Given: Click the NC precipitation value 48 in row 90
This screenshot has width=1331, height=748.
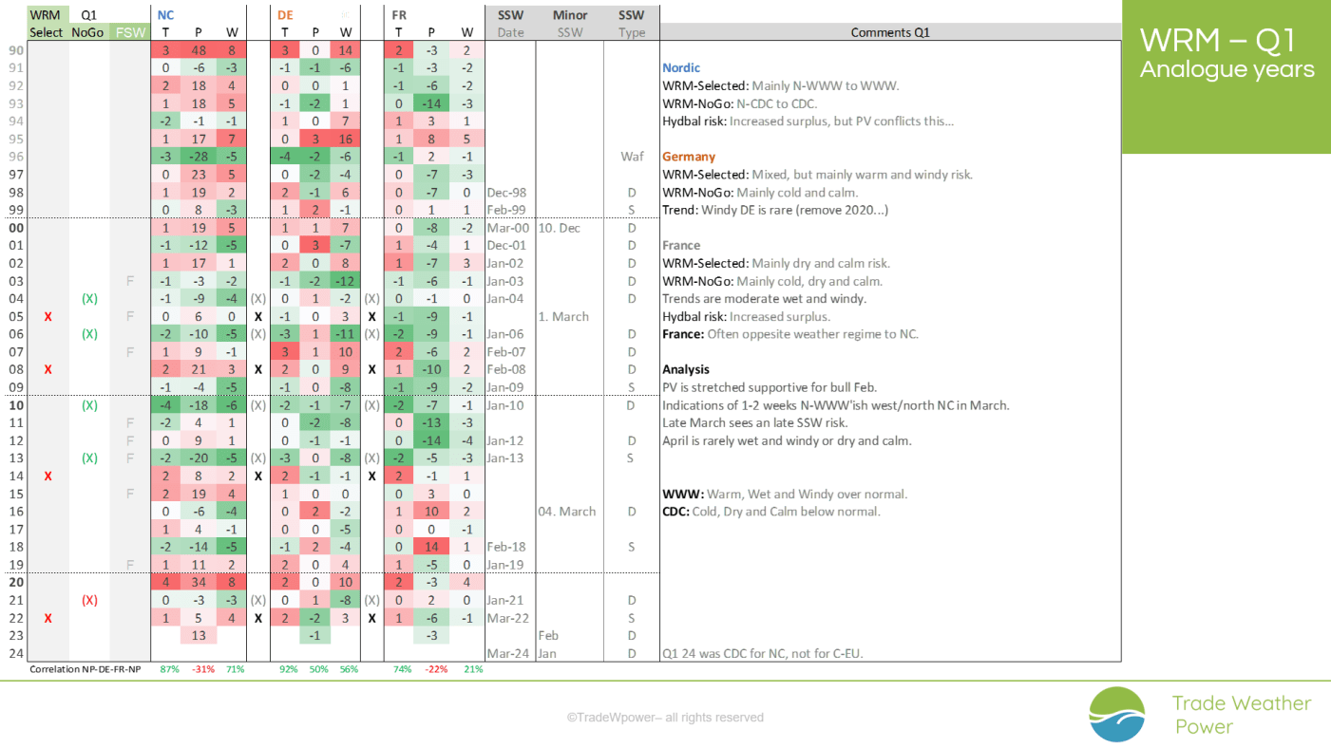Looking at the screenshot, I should (199, 50).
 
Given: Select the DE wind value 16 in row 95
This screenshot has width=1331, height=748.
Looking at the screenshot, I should (345, 140).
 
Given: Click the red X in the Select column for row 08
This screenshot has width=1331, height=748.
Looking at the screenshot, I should (48, 369).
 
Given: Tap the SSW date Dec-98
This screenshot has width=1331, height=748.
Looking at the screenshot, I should (505, 193).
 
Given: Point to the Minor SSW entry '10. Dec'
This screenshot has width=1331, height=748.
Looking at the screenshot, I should (559, 228).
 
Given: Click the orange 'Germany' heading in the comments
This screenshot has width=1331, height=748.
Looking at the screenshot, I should (689, 157).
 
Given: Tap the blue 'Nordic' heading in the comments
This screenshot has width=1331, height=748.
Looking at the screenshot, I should (681, 68).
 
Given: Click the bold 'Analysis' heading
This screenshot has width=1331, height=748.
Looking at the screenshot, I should (686, 369).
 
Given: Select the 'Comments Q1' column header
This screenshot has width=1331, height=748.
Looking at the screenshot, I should (889, 32).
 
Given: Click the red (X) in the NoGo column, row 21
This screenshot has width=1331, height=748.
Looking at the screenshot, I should (89, 600).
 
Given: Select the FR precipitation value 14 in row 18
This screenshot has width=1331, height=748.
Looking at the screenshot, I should (431, 547).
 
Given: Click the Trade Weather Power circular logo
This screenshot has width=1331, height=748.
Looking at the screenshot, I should (1117, 714).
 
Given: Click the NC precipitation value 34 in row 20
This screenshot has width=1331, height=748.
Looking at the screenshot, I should (199, 582).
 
